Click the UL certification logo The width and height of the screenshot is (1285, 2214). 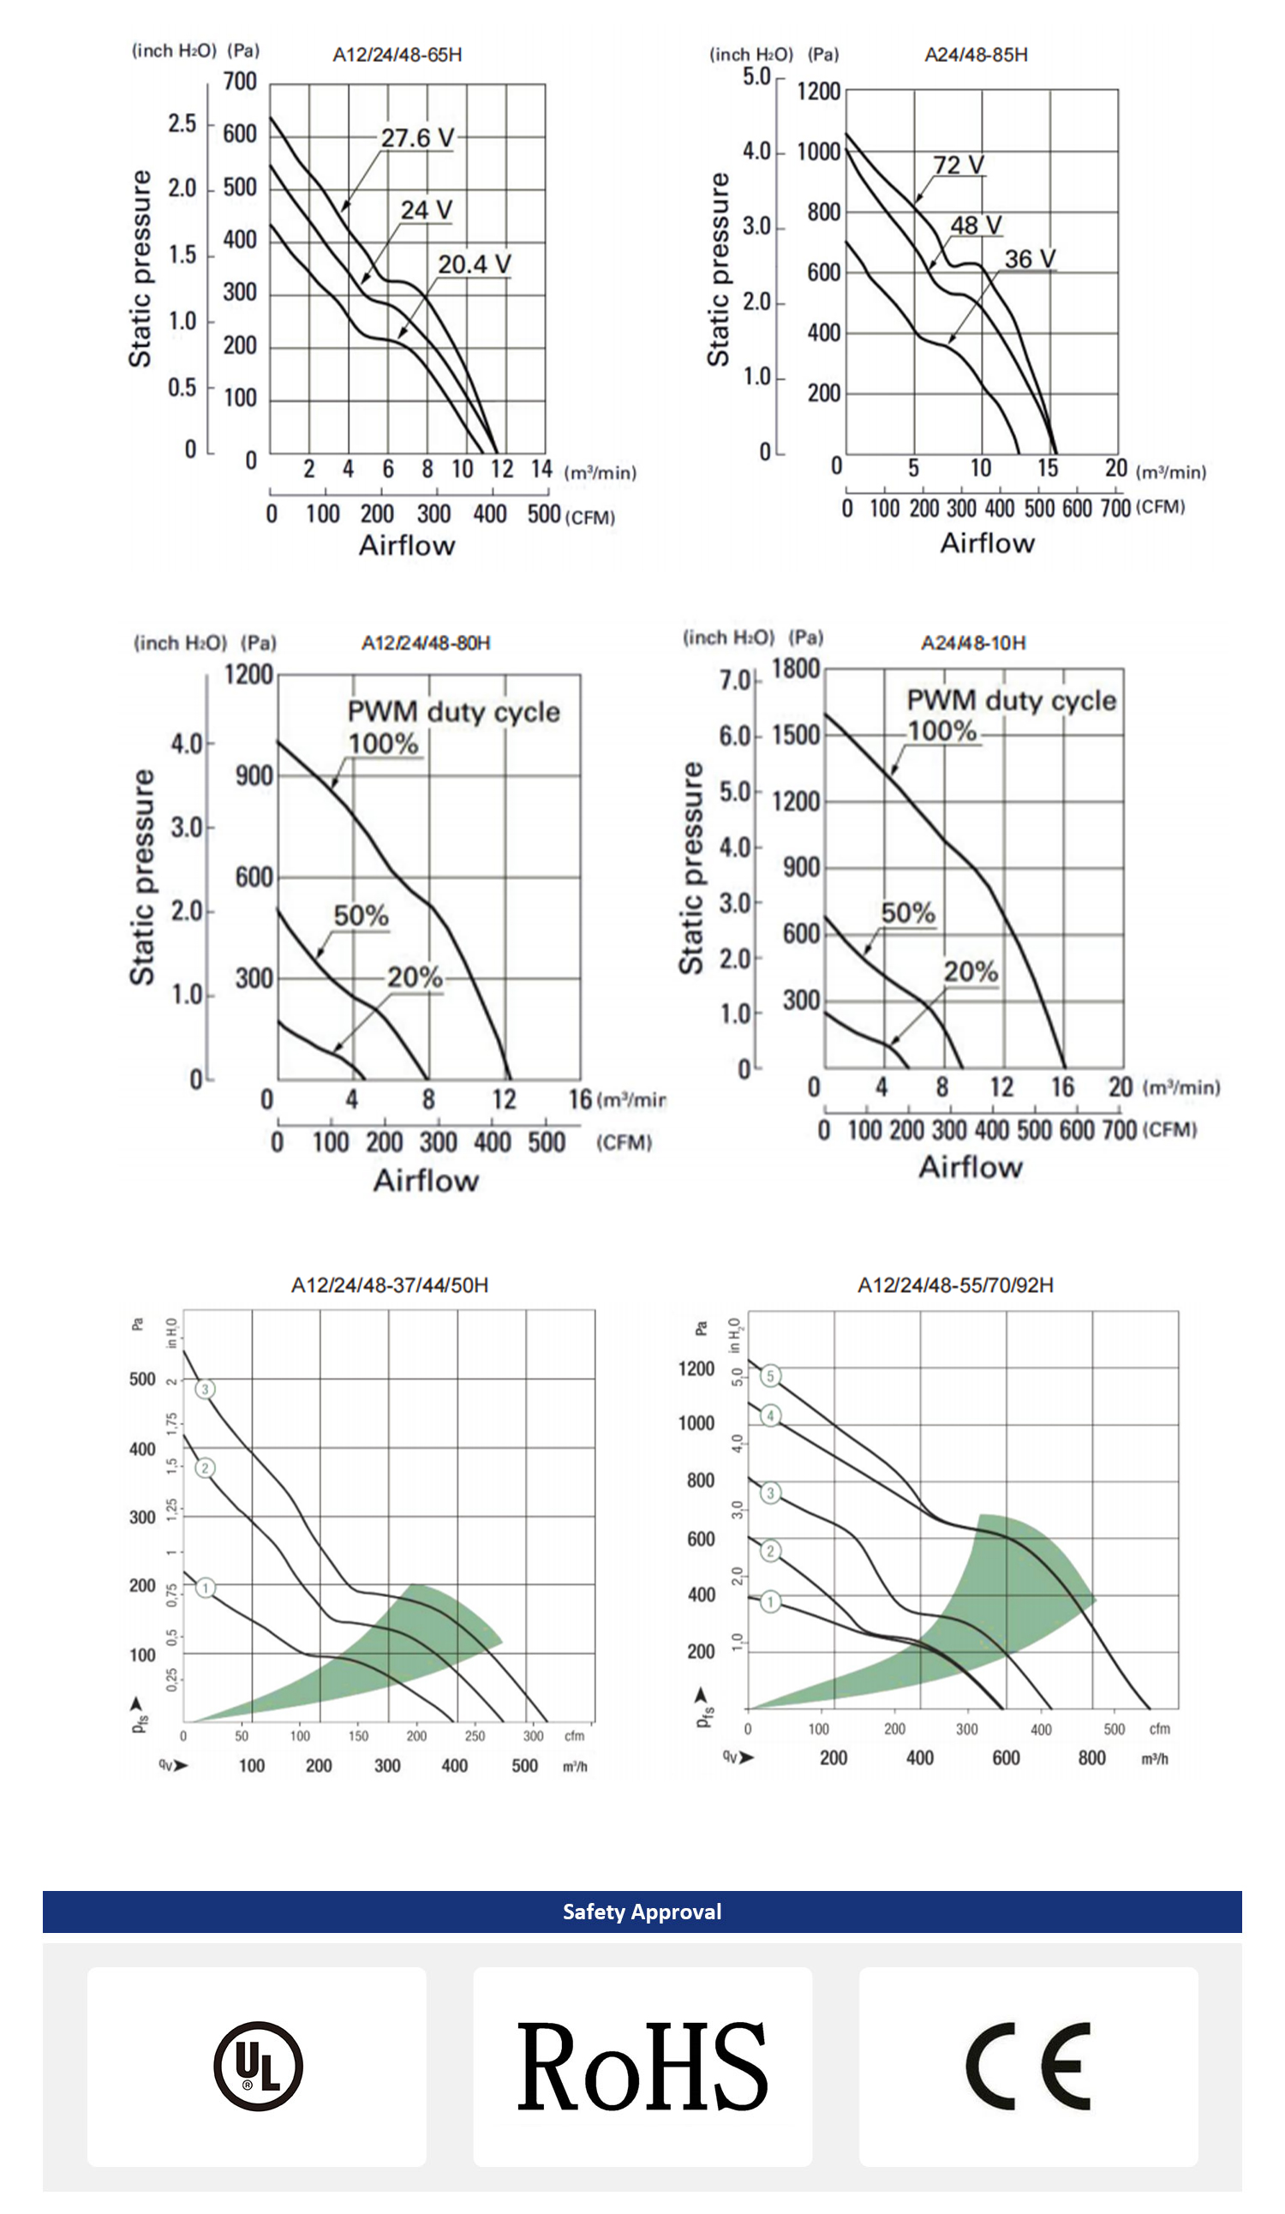(x=258, y=2066)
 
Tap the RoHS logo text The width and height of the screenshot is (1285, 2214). (x=642, y=2066)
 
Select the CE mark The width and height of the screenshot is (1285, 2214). (x=1028, y=2066)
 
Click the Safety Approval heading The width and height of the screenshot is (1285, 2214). (x=642, y=1912)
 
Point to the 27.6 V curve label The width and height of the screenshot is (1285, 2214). (x=417, y=138)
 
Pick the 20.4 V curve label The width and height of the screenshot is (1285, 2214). (x=475, y=265)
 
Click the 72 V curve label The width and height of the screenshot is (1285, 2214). (x=959, y=165)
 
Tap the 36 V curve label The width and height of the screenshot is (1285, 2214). (x=1030, y=259)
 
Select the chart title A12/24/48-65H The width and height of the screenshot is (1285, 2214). (x=397, y=55)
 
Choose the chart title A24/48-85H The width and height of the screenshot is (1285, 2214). (x=976, y=55)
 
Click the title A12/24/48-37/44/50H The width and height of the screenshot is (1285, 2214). (x=390, y=1285)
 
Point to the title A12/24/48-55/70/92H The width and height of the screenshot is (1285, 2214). (x=956, y=1285)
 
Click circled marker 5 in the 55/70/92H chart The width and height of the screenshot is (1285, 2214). (x=770, y=1376)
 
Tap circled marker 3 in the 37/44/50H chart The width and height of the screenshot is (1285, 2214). (x=205, y=1389)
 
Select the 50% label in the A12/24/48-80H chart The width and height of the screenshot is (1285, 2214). (x=361, y=916)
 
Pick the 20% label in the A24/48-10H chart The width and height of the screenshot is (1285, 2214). (x=971, y=972)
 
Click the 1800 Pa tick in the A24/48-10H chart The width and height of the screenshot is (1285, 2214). (x=796, y=669)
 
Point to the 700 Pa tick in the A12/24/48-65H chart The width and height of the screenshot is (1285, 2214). (x=240, y=81)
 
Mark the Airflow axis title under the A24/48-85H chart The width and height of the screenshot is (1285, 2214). (x=987, y=544)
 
